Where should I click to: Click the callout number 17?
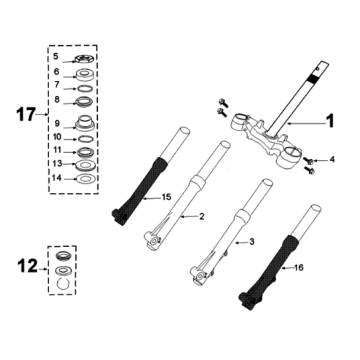(23, 116)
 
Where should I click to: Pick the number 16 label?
(296, 268)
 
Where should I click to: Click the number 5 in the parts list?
(56, 58)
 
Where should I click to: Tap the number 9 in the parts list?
(56, 123)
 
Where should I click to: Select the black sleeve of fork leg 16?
(269, 267)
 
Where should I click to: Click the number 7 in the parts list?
(56, 86)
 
